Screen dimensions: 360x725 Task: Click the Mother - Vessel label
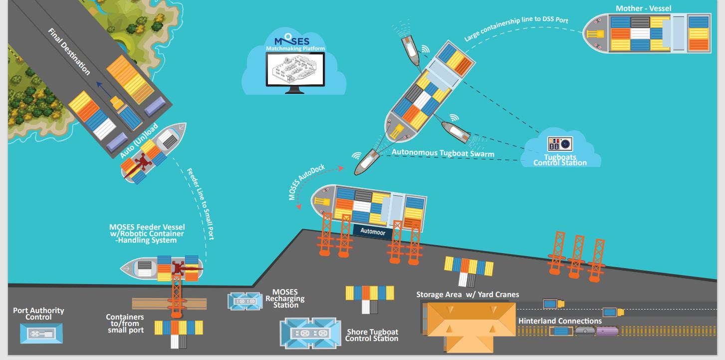point(643,8)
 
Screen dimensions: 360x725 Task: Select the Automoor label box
point(371,231)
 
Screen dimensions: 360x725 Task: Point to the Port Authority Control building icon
point(42,333)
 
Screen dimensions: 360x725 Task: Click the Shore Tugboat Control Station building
point(311,333)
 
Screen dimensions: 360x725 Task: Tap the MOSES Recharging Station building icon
point(244,301)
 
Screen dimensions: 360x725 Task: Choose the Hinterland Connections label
point(560,321)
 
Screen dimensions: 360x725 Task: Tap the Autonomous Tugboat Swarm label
point(443,153)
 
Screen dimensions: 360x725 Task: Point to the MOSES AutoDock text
point(306,182)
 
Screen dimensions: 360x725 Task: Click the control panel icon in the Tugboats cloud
point(560,144)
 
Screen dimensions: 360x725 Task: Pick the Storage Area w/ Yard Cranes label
point(468,295)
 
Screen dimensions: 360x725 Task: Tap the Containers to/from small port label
point(125,324)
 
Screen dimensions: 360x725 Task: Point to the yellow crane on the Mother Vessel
point(595,34)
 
